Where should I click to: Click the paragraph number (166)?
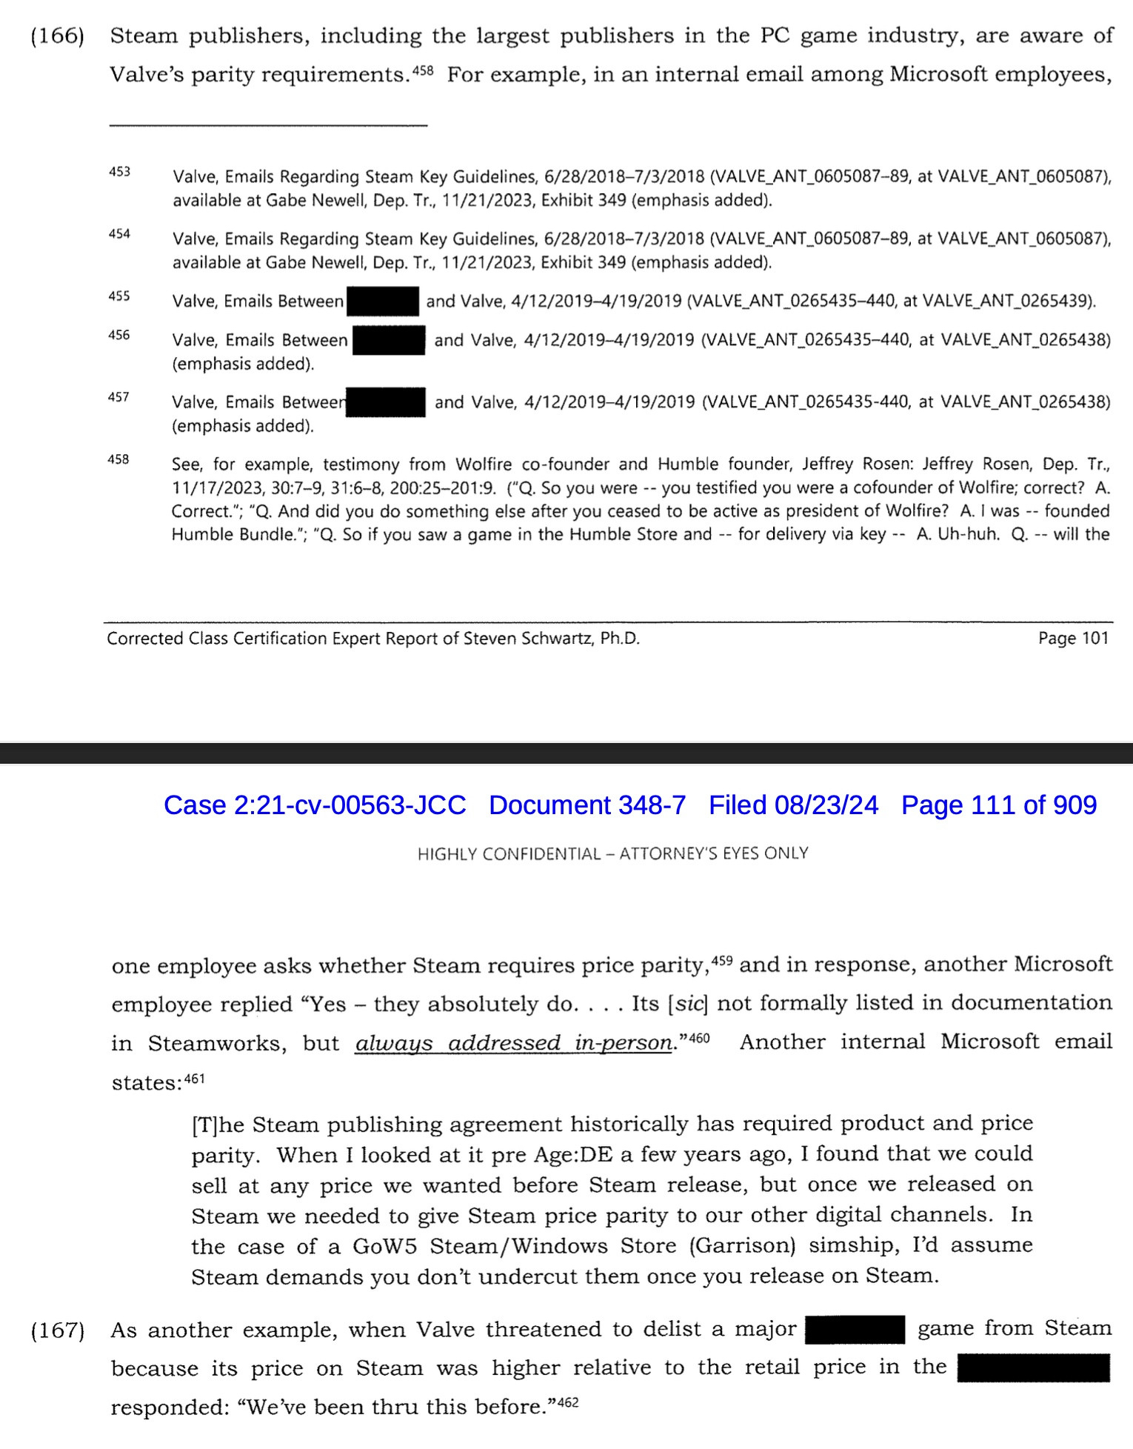57,36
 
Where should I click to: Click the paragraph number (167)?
57,1330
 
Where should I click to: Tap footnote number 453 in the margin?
118,172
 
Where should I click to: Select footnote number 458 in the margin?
118,459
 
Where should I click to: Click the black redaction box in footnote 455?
383,302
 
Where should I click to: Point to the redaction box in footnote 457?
386,402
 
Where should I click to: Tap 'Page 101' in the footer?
1073,639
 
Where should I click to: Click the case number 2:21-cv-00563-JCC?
315,805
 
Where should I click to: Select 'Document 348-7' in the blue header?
587,805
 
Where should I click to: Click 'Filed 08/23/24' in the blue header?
793,805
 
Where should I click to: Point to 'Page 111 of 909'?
998,805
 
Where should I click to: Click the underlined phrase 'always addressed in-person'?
514,1043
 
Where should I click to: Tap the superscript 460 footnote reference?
699,1038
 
